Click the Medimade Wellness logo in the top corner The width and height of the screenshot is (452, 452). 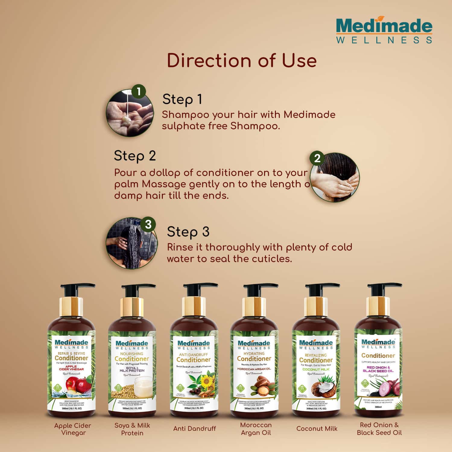(384, 30)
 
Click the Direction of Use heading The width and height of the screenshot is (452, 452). (242, 60)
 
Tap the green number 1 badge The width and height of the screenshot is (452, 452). (139, 92)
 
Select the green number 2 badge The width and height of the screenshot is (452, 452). (317, 158)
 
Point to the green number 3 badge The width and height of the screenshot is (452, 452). (148, 225)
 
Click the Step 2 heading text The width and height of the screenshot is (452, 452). (135, 156)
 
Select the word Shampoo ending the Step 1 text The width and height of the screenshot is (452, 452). (255, 126)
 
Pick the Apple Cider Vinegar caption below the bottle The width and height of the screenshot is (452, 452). (73, 429)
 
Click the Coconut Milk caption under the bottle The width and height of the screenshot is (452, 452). (317, 428)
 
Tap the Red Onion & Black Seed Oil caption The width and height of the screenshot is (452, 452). (379, 429)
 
